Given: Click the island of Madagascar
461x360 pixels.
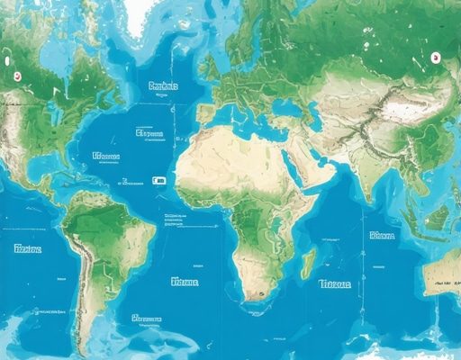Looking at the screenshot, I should pyautogui.click(x=308, y=264).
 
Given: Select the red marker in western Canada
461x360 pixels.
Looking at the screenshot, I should pyautogui.click(x=14, y=75).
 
